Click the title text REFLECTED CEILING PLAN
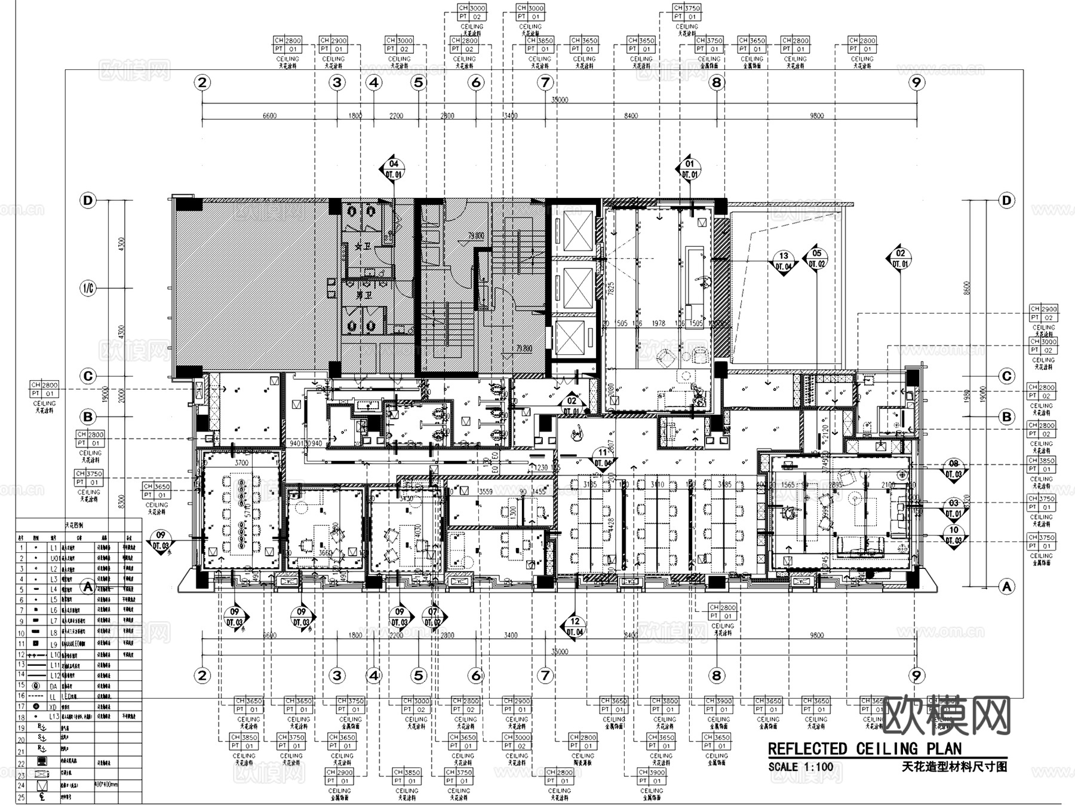(864, 749)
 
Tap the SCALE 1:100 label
(800, 767)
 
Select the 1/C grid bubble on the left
(88, 289)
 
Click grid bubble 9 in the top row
(916, 82)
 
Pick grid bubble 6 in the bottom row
(476, 675)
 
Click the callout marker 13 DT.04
(784, 261)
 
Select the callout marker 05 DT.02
(816, 258)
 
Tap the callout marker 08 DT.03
(954, 469)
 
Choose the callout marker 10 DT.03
(954, 535)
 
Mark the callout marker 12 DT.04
(575, 626)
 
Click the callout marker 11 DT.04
(603, 458)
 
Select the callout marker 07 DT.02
(432, 617)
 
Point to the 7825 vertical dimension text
(610, 289)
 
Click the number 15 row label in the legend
(21, 685)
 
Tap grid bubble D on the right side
(1007, 201)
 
